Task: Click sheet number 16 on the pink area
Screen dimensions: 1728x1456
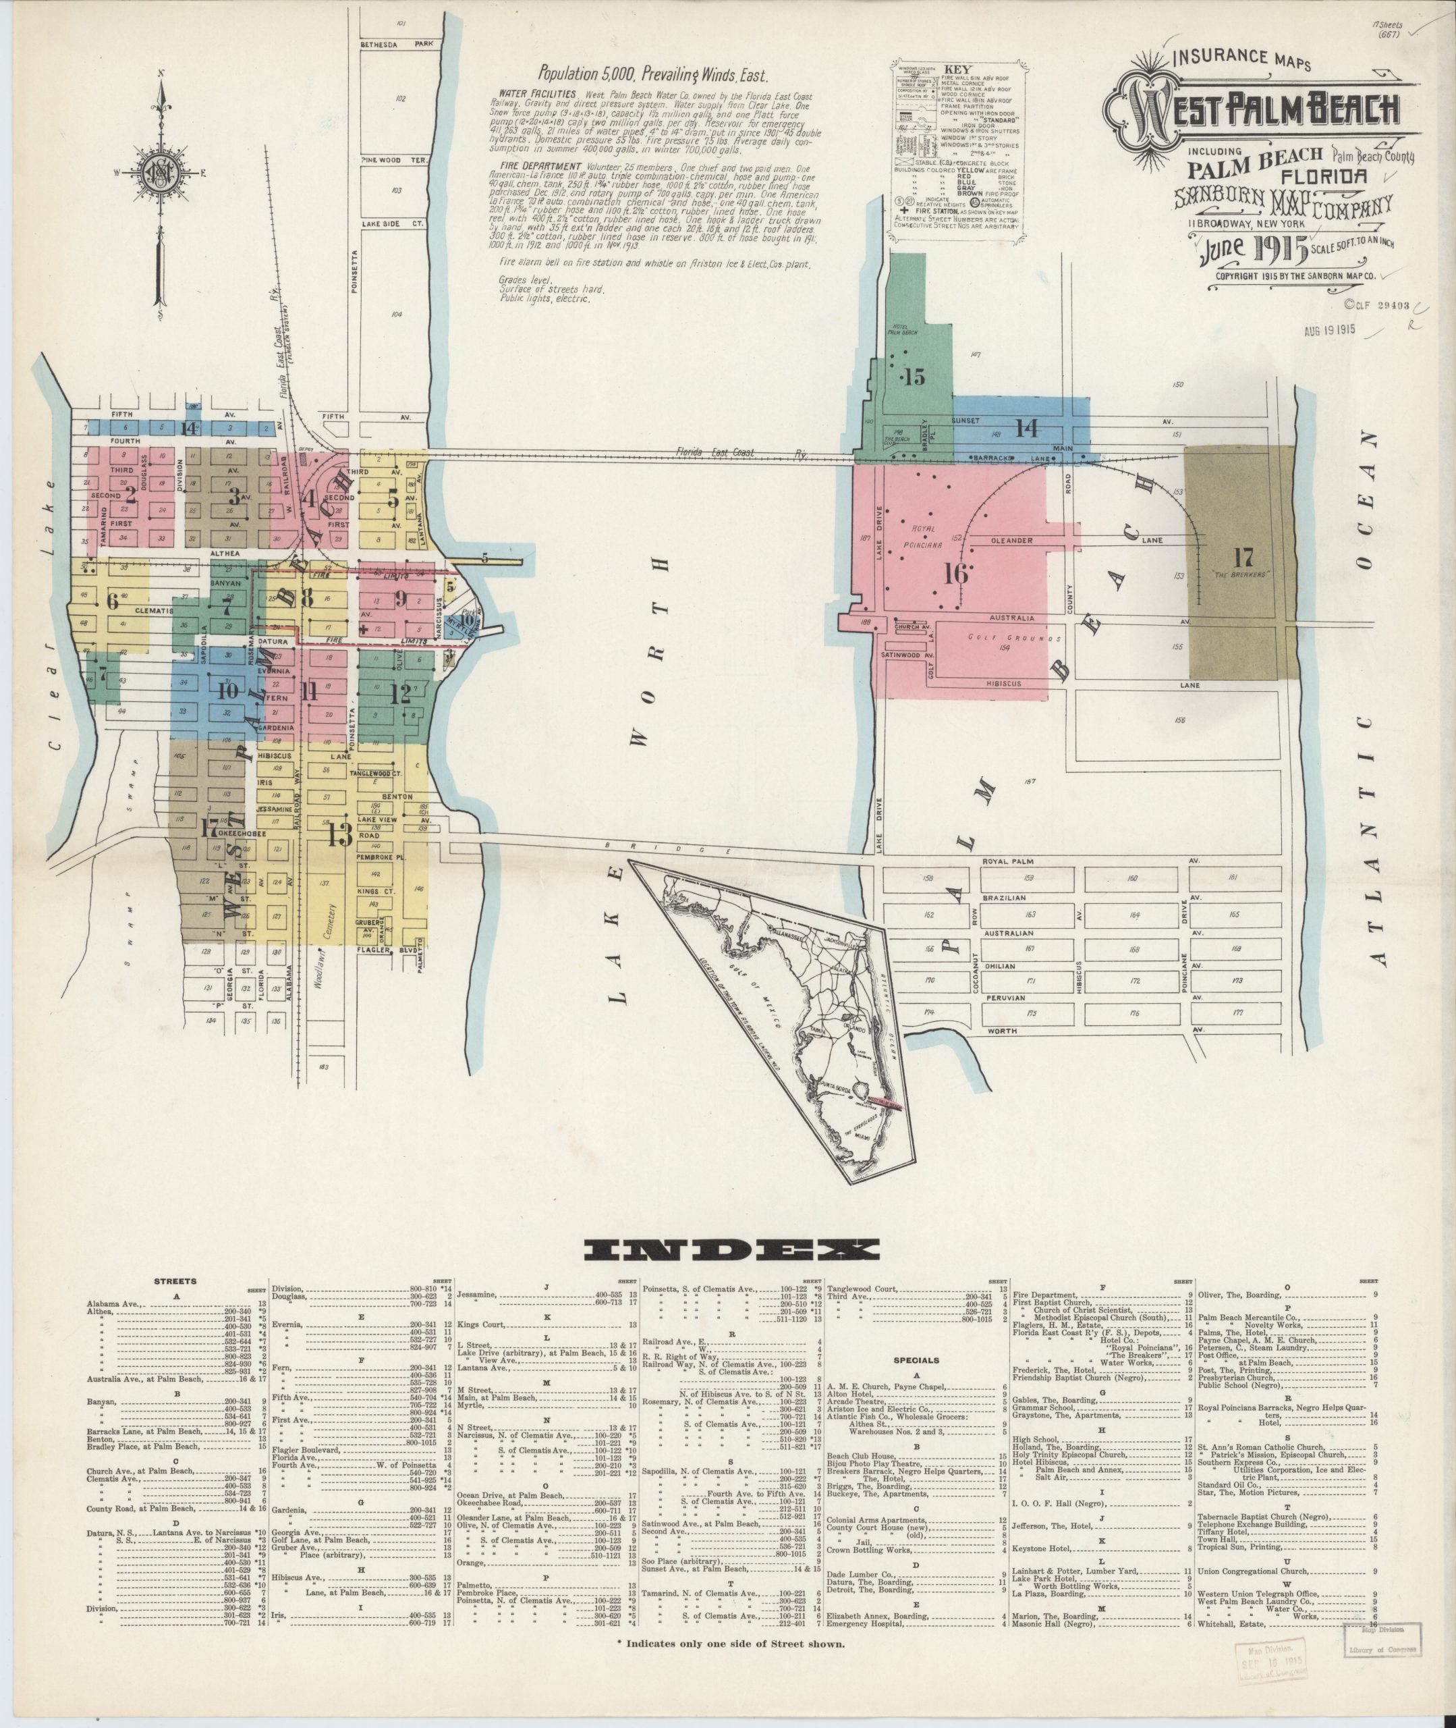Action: click(x=957, y=573)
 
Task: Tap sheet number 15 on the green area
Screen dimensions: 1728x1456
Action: click(x=914, y=377)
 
